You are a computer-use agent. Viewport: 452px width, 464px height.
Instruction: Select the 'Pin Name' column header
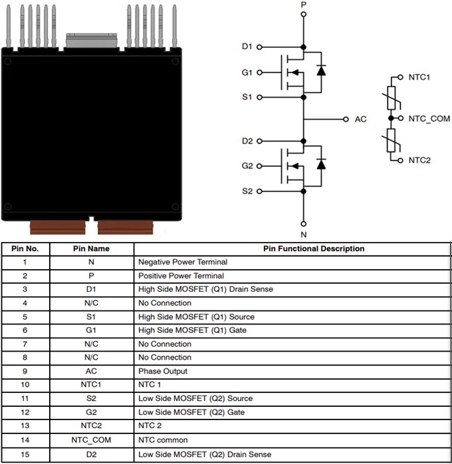pyautogui.click(x=91, y=249)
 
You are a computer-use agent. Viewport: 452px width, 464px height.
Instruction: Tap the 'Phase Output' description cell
pyautogui.click(x=163, y=371)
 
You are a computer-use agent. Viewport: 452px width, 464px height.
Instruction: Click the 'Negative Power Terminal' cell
pyautogui.click(x=183, y=262)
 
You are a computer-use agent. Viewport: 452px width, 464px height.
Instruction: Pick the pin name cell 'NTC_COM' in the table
pyautogui.click(x=91, y=440)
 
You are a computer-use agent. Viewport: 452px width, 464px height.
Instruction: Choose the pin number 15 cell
pyautogui.click(x=25, y=454)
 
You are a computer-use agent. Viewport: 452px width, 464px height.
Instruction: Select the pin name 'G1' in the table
pyautogui.click(x=91, y=330)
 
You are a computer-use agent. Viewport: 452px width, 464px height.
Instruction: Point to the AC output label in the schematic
pyautogui.click(x=360, y=120)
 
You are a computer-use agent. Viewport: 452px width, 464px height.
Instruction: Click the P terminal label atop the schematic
pyautogui.click(x=304, y=5)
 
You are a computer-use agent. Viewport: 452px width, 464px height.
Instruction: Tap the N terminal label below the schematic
pyautogui.click(x=304, y=234)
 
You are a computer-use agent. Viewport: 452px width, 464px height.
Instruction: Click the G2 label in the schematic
pyautogui.click(x=247, y=166)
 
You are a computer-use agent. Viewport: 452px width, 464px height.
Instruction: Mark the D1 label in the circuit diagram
pyautogui.click(x=247, y=47)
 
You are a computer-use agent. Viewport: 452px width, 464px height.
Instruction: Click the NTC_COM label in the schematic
pyautogui.click(x=429, y=119)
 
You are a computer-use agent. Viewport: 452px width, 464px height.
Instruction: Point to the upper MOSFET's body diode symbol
pyautogui.click(x=321, y=70)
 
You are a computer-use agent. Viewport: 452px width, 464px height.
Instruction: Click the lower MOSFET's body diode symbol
pyautogui.click(x=321, y=164)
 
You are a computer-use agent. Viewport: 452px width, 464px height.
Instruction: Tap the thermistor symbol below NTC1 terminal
pyautogui.click(x=392, y=97)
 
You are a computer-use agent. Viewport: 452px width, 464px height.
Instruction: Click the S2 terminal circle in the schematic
pyautogui.click(x=259, y=191)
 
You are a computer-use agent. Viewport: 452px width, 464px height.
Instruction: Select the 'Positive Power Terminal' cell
pyautogui.click(x=181, y=276)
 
